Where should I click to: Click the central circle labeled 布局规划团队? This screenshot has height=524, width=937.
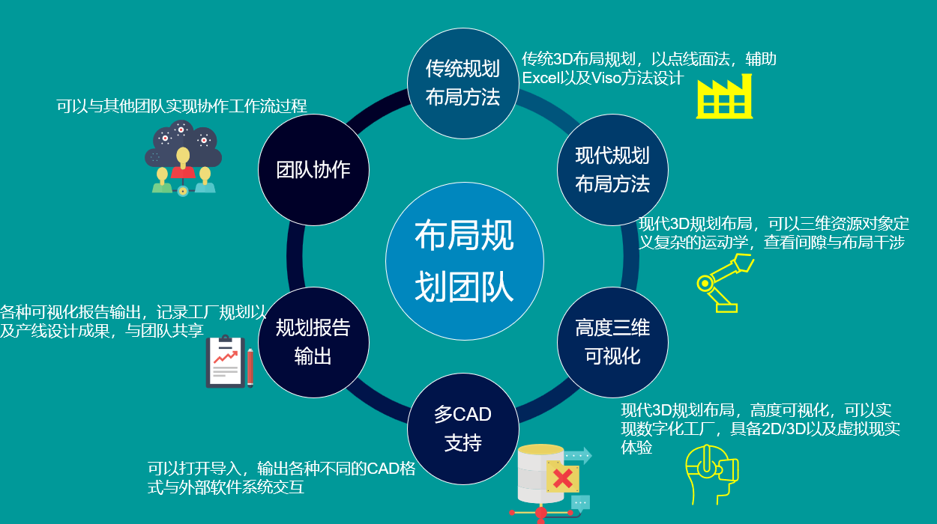pyautogui.click(x=464, y=261)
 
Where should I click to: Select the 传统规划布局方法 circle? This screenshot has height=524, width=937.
pyautogui.click(x=463, y=83)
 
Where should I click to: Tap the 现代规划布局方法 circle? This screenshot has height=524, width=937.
pyautogui.click(x=612, y=170)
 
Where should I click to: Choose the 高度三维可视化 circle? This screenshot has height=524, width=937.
pyautogui.click(x=612, y=342)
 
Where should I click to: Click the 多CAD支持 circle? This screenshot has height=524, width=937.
pyautogui.click(x=463, y=429)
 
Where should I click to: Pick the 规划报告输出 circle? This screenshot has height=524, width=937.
pyautogui.click(x=314, y=342)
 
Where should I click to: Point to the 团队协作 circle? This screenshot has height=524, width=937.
pyautogui.click(x=314, y=170)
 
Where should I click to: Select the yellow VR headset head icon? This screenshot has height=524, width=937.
pyautogui.click(x=711, y=475)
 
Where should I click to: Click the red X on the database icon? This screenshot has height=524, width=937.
pyautogui.click(x=563, y=478)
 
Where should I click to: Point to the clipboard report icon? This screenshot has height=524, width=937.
pyautogui.click(x=225, y=362)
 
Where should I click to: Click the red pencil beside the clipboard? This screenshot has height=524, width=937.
pyautogui.click(x=250, y=368)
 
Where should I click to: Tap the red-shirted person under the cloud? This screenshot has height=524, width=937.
pyautogui.click(x=183, y=164)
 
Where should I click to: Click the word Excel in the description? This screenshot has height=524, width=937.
pyautogui.click(x=540, y=78)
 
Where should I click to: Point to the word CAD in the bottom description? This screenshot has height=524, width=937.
pyautogui.click(x=384, y=469)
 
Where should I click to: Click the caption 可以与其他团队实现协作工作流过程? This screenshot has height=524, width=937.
pyautogui.click(x=181, y=106)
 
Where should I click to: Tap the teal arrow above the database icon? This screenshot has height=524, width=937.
pyautogui.click(x=578, y=455)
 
